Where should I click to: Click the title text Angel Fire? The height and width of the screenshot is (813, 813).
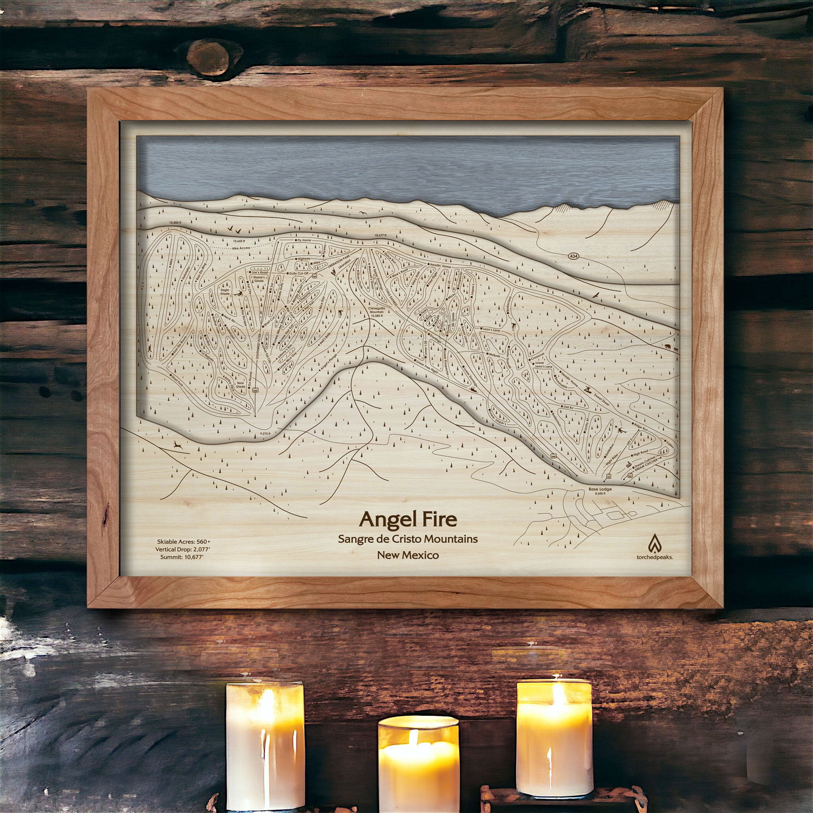click(x=408, y=519)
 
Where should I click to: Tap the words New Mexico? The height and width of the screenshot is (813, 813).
click(x=408, y=555)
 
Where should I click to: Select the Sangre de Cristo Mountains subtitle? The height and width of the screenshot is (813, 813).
click(x=408, y=538)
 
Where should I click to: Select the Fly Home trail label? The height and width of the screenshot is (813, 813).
click(x=304, y=240)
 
